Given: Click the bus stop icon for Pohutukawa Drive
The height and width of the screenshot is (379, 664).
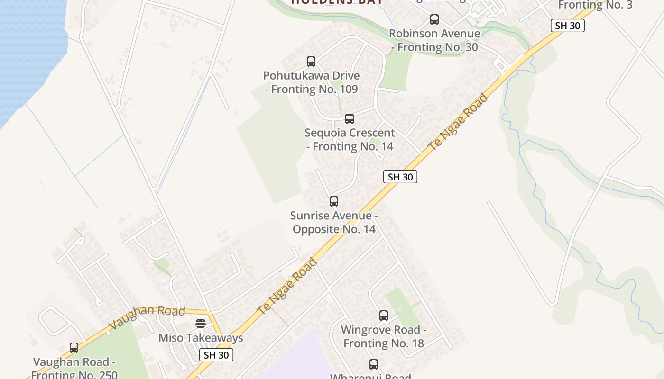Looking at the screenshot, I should [x=311, y=62].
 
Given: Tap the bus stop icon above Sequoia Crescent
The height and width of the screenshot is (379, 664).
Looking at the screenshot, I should [x=350, y=119].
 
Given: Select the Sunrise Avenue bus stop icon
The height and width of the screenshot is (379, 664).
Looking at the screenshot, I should [x=334, y=201].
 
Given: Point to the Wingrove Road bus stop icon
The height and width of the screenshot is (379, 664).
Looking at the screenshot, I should [x=384, y=316].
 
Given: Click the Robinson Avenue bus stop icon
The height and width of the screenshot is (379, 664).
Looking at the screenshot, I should [x=434, y=19].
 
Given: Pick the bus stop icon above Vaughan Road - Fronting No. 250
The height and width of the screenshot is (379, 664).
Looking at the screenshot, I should [x=74, y=348].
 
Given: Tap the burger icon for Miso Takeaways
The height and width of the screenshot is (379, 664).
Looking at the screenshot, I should [x=201, y=324].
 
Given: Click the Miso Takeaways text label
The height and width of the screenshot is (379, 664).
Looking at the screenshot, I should [x=201, y=338].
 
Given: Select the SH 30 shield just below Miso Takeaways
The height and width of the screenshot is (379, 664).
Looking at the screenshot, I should [x=216, y=355].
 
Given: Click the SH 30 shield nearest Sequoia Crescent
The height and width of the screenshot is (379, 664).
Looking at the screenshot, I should [x=400, y=177].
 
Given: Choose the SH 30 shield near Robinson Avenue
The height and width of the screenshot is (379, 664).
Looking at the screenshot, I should [x=567, y=26].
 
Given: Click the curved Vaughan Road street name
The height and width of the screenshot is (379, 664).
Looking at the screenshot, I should [x=147, y=317].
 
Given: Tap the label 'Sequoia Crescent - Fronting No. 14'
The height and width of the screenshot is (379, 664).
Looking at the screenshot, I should [x=350, y=140].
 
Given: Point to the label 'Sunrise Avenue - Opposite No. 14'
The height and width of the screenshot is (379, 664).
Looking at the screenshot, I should [x=334, y=223].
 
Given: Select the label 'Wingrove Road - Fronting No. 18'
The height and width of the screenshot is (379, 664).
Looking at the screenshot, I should [x=384, y=336].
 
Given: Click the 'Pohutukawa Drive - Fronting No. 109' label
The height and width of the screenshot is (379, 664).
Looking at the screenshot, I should [x=311, y=82].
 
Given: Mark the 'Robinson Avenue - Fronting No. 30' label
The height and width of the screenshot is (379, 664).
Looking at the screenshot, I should [x=434, y=40].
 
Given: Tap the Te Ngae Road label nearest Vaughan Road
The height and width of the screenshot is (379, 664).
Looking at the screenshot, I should [x=287, y=286].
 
